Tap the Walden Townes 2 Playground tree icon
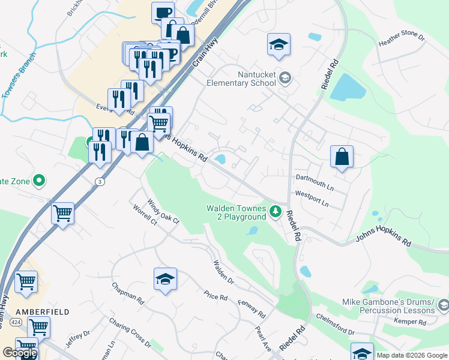[276, 211]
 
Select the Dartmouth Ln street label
[315, 182]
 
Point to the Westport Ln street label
[312, 199]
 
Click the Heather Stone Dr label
[402, 40]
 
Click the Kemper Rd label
[410, 322]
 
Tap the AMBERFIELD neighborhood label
[43, 312]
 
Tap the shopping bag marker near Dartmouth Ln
[342, 157]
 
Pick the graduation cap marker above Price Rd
[165, 279]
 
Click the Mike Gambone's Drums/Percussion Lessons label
[388, 306]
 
